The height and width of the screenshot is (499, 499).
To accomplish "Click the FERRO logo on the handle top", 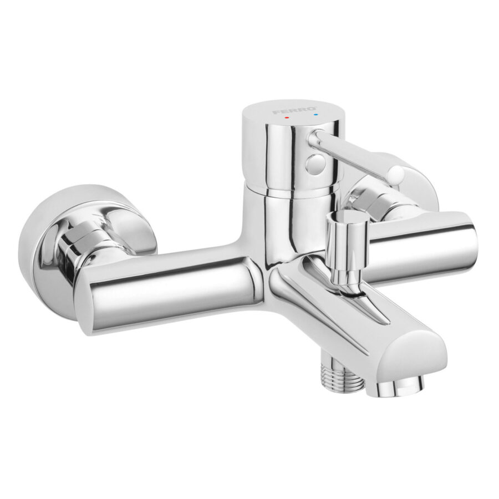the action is point(294,110).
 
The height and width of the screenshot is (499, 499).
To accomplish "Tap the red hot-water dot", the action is point(287,118).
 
